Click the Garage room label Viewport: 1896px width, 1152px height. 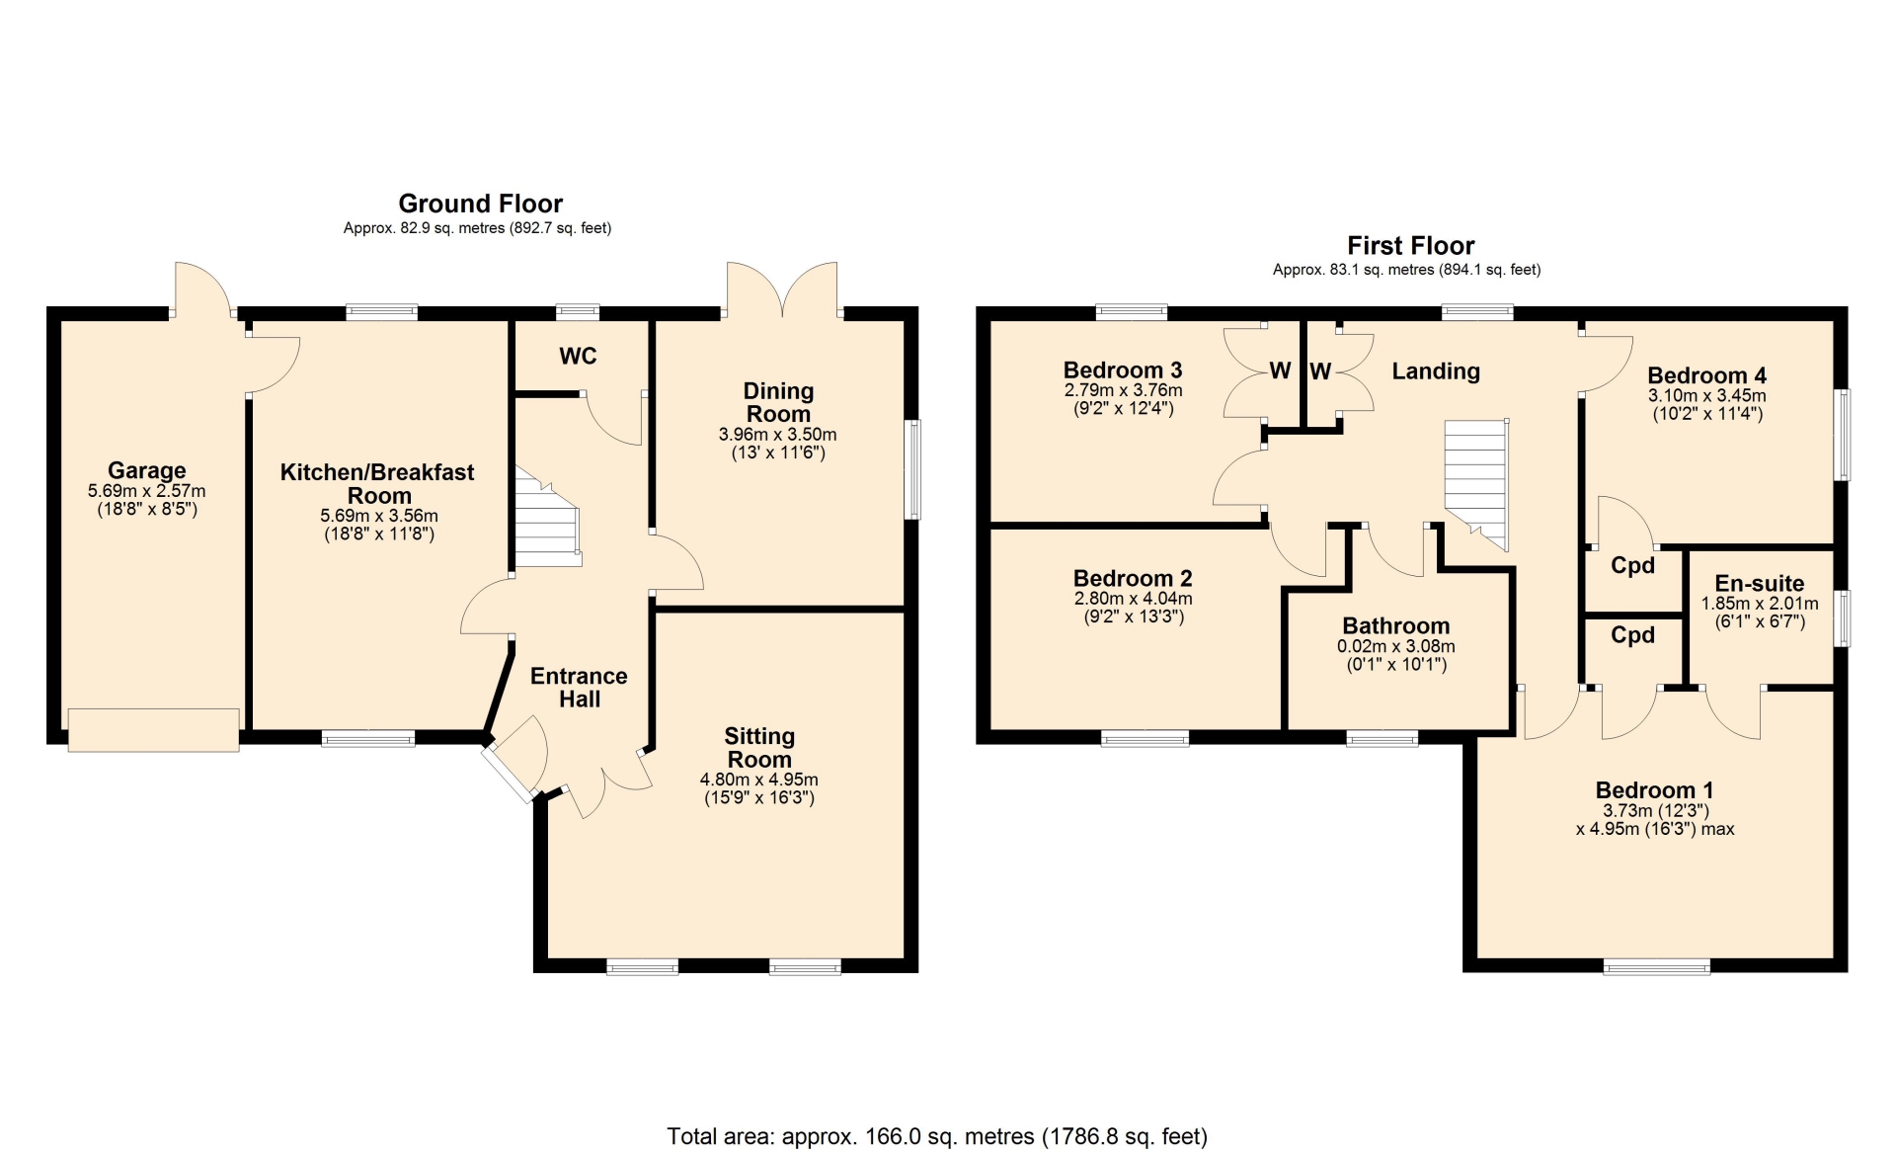pos(147,470)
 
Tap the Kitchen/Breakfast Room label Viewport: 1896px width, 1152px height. pos(377,484)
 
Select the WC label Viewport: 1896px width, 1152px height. pos(578,356)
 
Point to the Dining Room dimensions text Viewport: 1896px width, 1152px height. pos(778,444)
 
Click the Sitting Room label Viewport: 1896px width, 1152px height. pos(759,748)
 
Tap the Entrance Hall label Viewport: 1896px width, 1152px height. pos(579,688)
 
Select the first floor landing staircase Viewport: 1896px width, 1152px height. pos(1477,484)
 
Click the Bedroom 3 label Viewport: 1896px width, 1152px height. pos(1123,370)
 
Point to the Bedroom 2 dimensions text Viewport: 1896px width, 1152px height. pos(1134,608)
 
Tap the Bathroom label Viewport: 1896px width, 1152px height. pos(1396,625)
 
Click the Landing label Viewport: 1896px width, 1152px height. pos(1436,371)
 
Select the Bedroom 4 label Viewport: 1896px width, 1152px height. pos(1706,375)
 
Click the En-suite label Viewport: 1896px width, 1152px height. pos(1760,583)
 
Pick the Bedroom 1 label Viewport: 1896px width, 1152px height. pos(1655,790)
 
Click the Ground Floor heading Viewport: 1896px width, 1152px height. pos(480,204)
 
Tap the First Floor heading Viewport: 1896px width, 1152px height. pos(1411,245)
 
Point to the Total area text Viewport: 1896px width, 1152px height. pos(937,1136)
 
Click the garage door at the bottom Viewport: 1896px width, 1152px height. pos(153,730)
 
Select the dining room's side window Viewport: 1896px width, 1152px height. pos(913,469)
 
